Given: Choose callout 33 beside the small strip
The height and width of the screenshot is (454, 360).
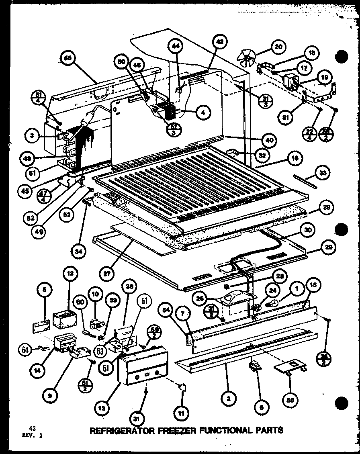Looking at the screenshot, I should pos(322,174).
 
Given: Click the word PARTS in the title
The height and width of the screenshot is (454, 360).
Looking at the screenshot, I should pos(268,430).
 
